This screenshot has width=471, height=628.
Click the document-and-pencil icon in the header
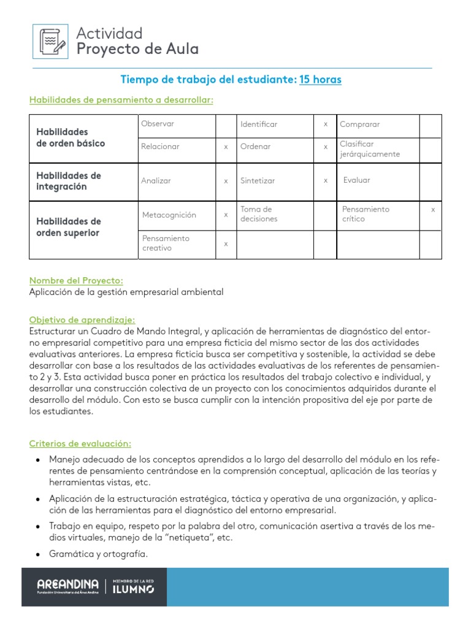pos(50,42)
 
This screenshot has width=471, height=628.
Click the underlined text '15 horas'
pos(320,80)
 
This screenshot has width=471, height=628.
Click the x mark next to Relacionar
pos(226,147)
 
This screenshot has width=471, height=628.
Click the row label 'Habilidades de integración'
pos(69,181)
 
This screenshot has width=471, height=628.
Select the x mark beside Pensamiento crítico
pos(433,210)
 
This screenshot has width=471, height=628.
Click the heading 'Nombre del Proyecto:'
pos(76,280)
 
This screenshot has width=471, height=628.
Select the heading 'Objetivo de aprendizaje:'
pos(82,320)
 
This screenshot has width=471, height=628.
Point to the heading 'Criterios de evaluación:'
pos(80,443)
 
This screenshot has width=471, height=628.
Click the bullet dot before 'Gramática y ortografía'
pos(39,555)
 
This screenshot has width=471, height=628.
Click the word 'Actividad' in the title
pos(109,33)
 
